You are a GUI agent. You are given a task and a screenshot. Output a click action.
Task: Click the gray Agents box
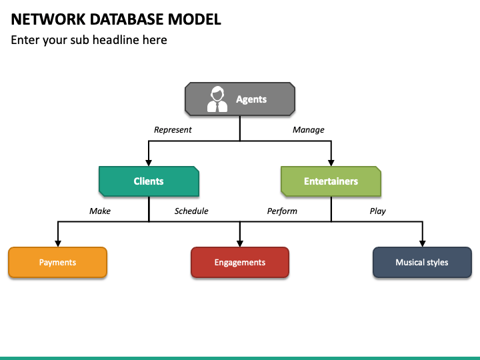(x=240, y=99)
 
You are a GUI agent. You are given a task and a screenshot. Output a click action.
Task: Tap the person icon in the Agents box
(x=217, y=99)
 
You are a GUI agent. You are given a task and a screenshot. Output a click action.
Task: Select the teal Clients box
(x=149, y=181)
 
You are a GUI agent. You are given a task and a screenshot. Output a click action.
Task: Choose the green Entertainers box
(x=331, y=181)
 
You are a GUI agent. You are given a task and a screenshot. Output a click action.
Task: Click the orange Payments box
(x=57, y=263)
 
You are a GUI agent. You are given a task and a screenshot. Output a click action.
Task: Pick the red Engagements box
(x=240, y=263)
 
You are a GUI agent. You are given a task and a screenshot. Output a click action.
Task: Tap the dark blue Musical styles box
(x=422, y=263)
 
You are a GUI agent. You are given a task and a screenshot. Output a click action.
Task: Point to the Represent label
(x=173, y=130)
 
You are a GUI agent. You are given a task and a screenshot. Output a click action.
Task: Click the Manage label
(x=308, y=130)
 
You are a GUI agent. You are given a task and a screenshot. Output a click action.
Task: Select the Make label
(x=100, y=211)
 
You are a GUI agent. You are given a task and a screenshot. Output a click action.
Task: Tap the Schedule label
(x=191, y=211)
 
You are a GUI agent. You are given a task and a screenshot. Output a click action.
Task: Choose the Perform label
(x=282, y=211)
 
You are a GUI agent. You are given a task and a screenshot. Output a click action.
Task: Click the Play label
(x=377, y=211)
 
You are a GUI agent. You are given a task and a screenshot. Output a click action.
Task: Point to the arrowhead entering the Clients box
(x=149, y=163)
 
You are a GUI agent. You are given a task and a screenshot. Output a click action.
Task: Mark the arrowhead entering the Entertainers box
(x=331, y=163)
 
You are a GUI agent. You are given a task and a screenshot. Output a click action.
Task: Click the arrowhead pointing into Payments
(x=58, y=244)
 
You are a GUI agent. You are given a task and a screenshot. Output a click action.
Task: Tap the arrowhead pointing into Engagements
(x=240, y=244)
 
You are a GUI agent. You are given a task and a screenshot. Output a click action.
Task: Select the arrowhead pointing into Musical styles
(x=423, y=244)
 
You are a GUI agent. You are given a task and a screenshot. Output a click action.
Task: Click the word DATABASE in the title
(x=127, y=19)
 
